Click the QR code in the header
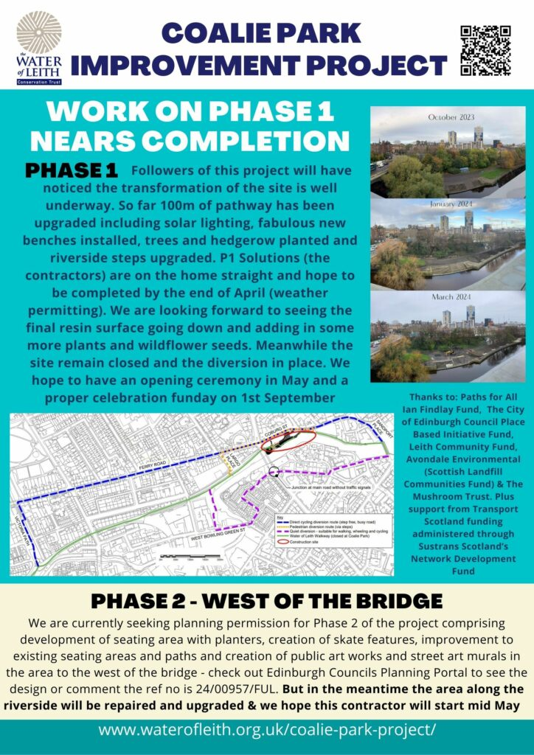pos(485,50)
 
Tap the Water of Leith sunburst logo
pos(38,32)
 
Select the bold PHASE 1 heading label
pos(72,170)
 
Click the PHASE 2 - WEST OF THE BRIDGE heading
pos(266,599)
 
